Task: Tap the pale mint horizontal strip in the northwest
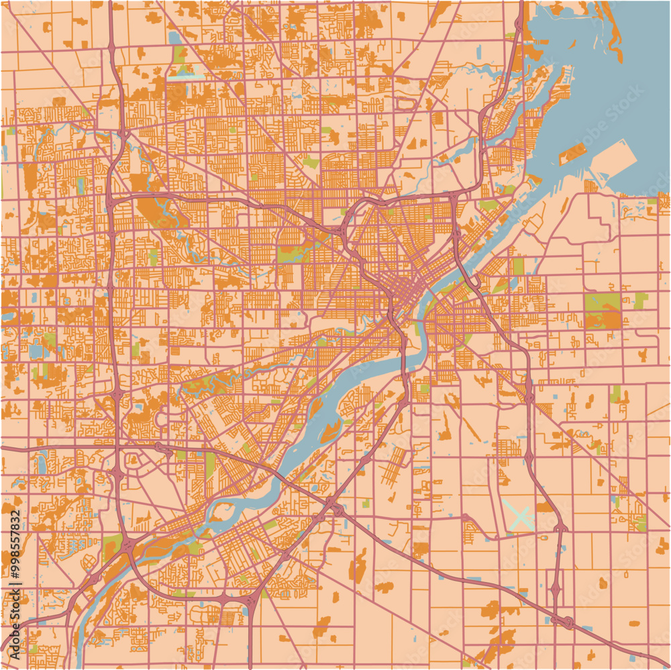click(x=186, y=78)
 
